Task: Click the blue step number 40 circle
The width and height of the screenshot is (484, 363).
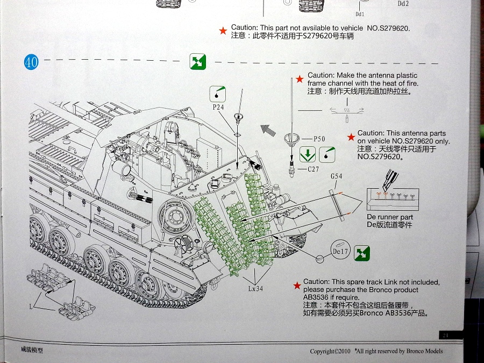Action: coord(31,62)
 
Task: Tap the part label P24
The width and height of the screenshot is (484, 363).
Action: coord(218,107)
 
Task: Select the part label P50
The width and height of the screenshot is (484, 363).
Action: coord(319,139)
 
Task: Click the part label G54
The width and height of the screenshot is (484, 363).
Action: coord(336,176)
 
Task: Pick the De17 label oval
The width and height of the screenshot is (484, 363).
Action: coord(341,251)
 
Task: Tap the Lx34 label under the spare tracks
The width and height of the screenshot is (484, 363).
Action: coord(255,288)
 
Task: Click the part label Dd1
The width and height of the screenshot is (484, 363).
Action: coord(360,14)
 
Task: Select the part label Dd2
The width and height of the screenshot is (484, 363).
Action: coord(403,3)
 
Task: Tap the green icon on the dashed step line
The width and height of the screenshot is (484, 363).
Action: coord(198,62)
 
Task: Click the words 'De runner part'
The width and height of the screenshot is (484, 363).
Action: coord(389,217)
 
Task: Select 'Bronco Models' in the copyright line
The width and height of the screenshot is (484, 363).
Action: coord(422,351)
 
